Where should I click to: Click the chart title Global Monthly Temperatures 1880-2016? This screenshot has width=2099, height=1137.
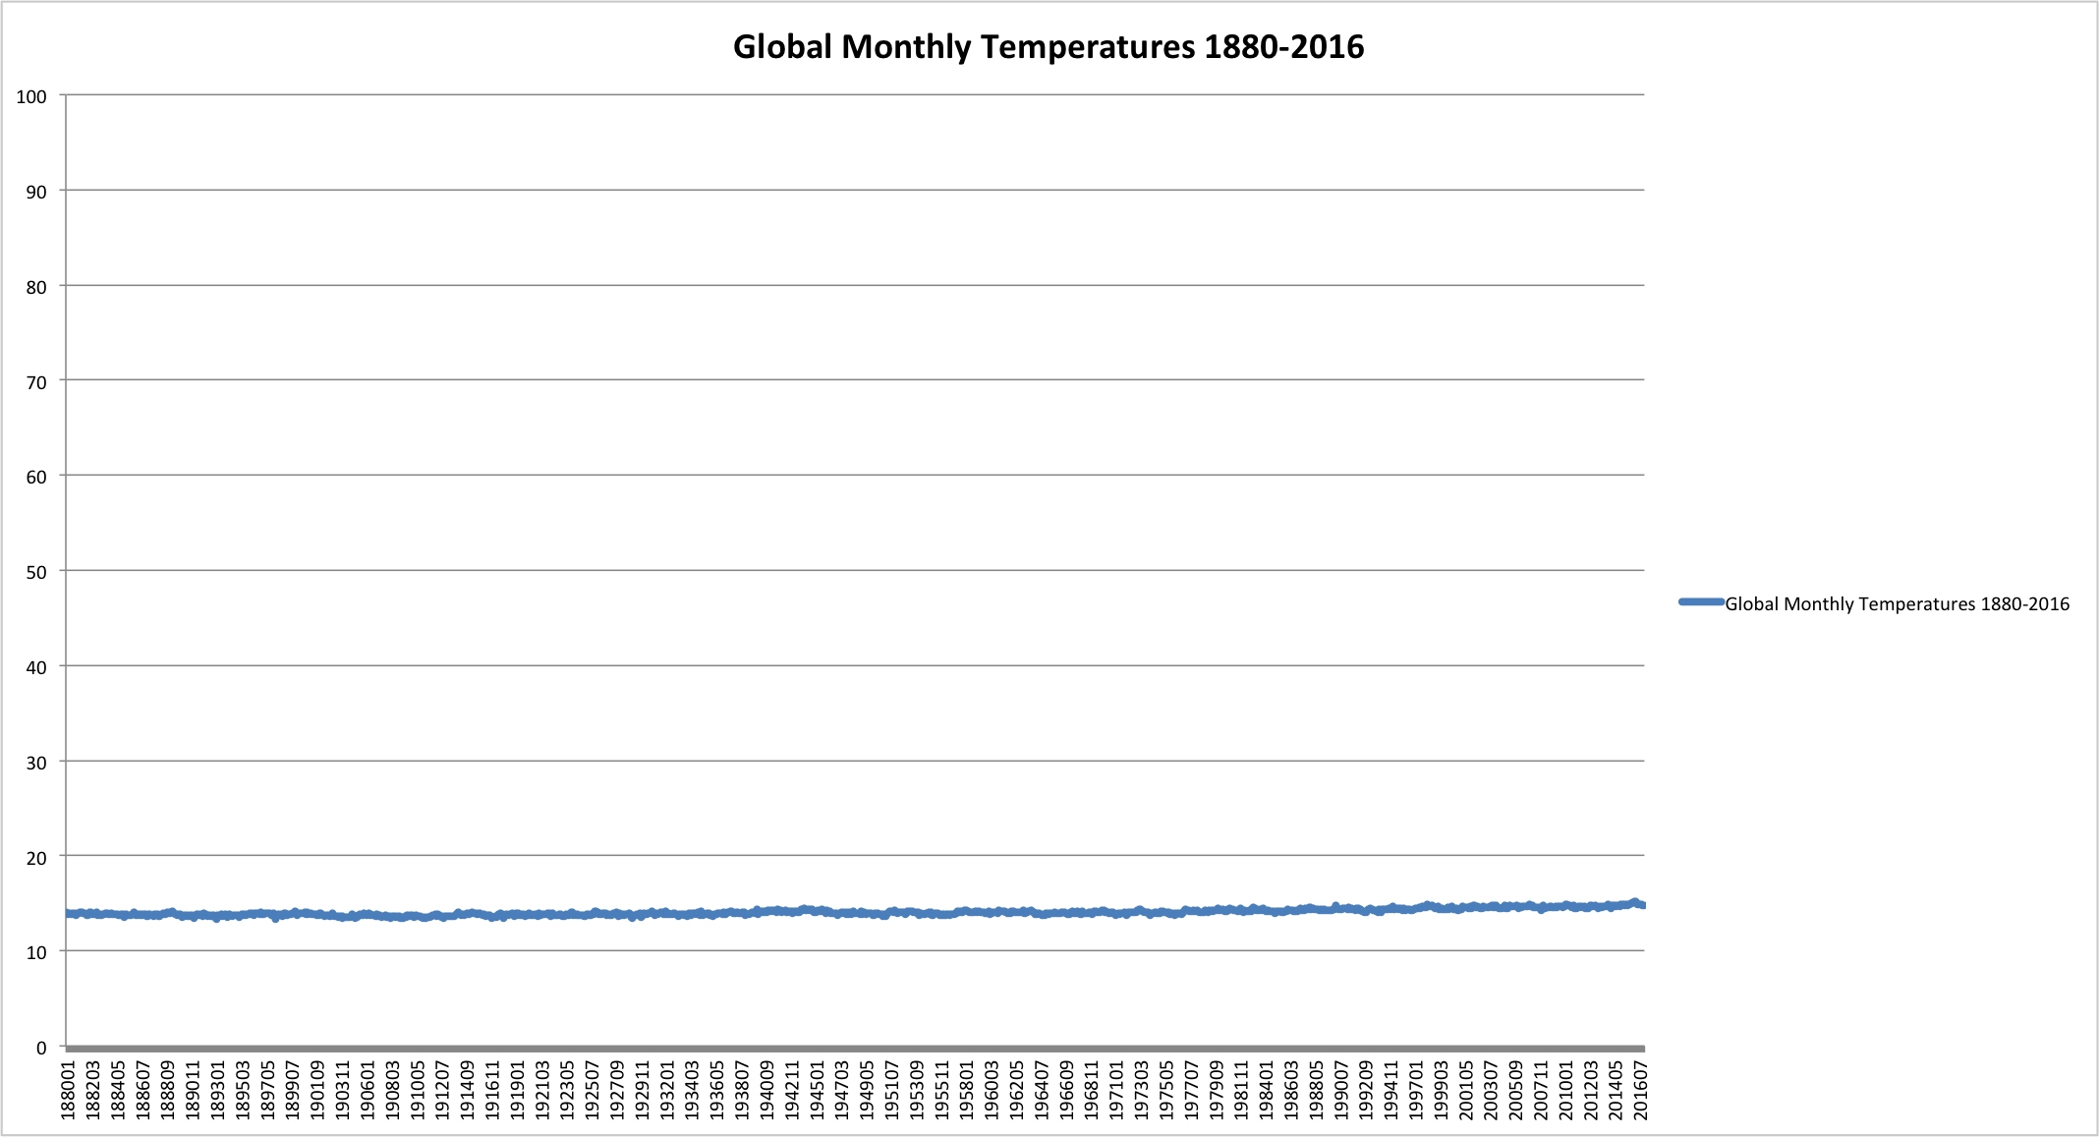coord(1049,47)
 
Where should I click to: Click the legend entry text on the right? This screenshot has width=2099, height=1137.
coord(1897,604)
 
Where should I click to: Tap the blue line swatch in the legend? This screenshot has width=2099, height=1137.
coord(1702,602)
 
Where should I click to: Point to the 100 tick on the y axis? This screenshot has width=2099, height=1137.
coord(31,96)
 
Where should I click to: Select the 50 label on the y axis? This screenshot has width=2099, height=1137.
coord(35,572)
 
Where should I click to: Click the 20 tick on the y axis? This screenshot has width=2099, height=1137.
coord(35,858)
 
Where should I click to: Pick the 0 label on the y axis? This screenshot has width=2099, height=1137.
coord(41,1048)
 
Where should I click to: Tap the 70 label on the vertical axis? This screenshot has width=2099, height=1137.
coord(35,382)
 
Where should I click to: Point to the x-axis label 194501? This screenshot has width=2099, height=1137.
coord(819,1089)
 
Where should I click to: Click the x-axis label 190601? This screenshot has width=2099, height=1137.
coord(369,1089)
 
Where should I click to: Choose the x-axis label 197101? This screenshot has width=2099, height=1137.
coord(1117,1089)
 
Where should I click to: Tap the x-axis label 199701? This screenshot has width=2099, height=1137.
coord(1417,1089)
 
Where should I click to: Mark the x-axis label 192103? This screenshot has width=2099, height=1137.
coord(543,1089)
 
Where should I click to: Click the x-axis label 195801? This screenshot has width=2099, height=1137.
coord(968,1089)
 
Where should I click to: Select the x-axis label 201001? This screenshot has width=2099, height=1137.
coord(1566,1089)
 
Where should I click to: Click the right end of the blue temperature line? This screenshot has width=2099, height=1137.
coord(1642,905)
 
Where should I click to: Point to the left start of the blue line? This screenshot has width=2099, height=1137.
coord(68,914)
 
